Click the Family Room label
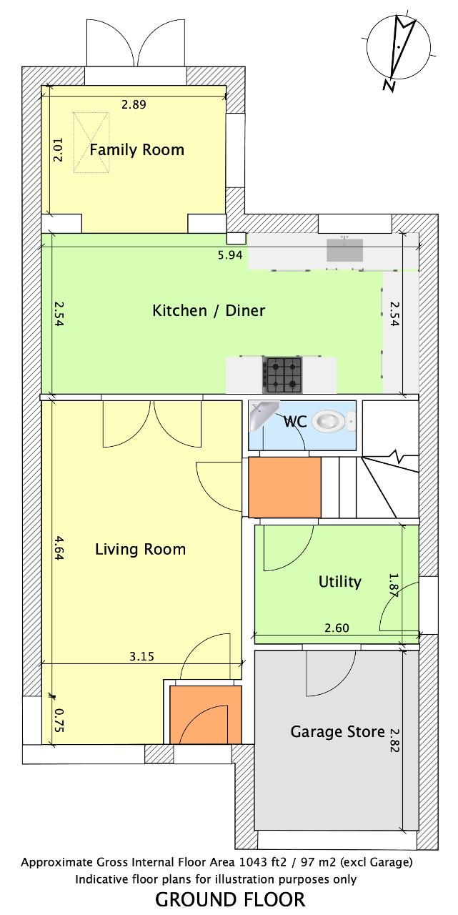[x=136, y=150]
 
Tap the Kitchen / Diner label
[x=209, y=310]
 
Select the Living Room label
[x=141, y=549]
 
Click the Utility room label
[x=339, y=582]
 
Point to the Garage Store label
[x=337, y=731]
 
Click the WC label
[x=294, y=421]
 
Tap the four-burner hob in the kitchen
[x=282, y=375]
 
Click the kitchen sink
[x=344, y=249]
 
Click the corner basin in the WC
[x=262, y=414]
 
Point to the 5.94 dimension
[x=230, y=255]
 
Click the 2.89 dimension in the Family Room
[x=134, y=104]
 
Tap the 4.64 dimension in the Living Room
[x=59, y=548]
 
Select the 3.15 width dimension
[x=141, y=656]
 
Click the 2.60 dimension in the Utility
[x=337, y=628]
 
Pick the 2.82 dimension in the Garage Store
[x=394, y=741]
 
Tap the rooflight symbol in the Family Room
[x=91, y=142]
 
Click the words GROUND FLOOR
[x=230, y=900]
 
